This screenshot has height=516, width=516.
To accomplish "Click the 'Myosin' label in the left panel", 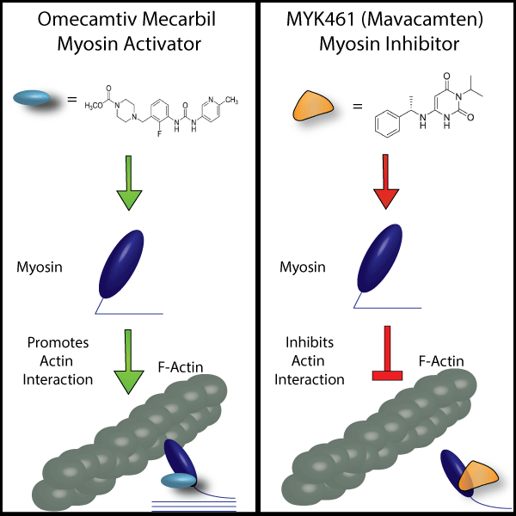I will click(38, 267).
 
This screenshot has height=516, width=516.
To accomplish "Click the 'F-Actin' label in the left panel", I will click(180, 367).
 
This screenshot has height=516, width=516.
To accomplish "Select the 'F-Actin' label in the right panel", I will click(442, 361).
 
